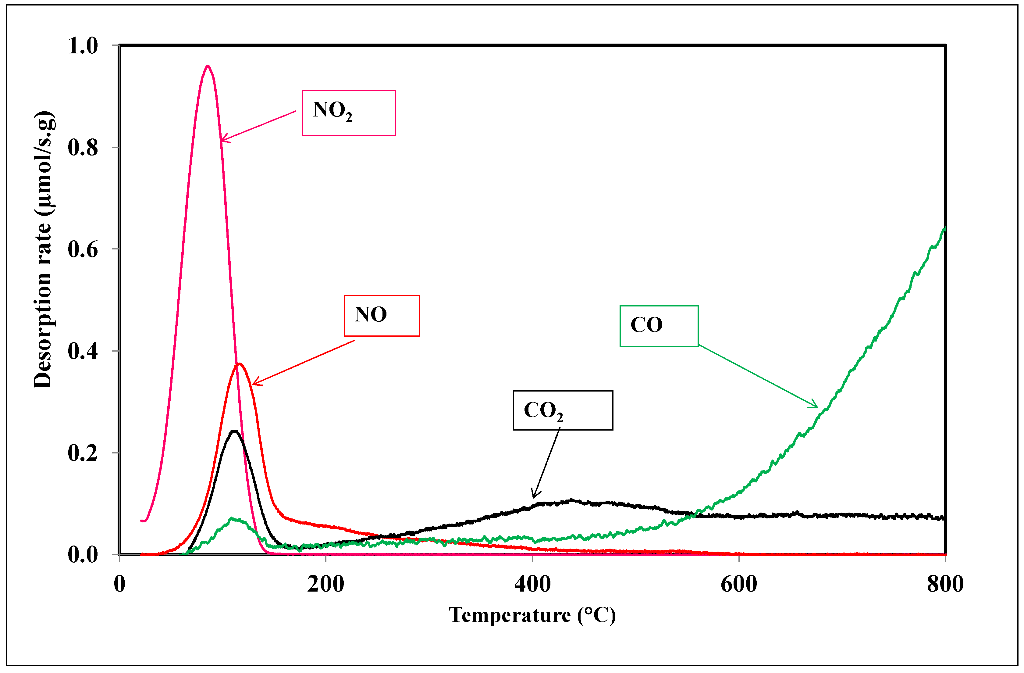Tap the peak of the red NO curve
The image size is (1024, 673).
coord(239,364)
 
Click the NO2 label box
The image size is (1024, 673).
coord(349,113)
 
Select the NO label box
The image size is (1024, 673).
coord(382,316)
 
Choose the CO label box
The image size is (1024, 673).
coord(658,326)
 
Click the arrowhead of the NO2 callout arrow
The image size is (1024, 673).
coord(222,140)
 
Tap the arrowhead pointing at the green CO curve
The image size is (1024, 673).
coord(816,406)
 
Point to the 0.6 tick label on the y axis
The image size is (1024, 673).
coord(83,249)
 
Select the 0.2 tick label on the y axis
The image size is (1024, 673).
coord(83,453)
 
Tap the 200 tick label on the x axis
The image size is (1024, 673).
coord(326,584)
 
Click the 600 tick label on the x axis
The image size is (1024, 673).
coord(739,584)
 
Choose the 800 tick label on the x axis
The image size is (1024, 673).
coord(945,584)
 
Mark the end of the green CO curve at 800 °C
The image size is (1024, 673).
coord(944,229)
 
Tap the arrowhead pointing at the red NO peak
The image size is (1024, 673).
coord(254,384)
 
